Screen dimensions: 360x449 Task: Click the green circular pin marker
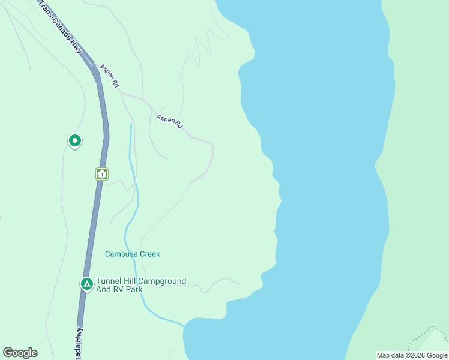click(x=75, y=141)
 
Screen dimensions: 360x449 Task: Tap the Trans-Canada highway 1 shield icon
click(x=102, y=174)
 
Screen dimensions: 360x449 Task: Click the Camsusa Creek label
click(x=133, y=254)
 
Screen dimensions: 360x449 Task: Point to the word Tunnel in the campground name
click(x=110, y=281)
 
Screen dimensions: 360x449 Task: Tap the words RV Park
click(x=129, y=289)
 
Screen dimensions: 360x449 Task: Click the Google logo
click(x=20, y=353)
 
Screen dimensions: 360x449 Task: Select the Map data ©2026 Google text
click(x=412, y=355)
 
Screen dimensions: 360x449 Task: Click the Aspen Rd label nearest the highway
click(x=110, y=77)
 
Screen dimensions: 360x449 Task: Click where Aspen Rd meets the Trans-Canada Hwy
click(x=94, y=63)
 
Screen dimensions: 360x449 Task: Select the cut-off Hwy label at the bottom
click(x=79, y=342)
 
